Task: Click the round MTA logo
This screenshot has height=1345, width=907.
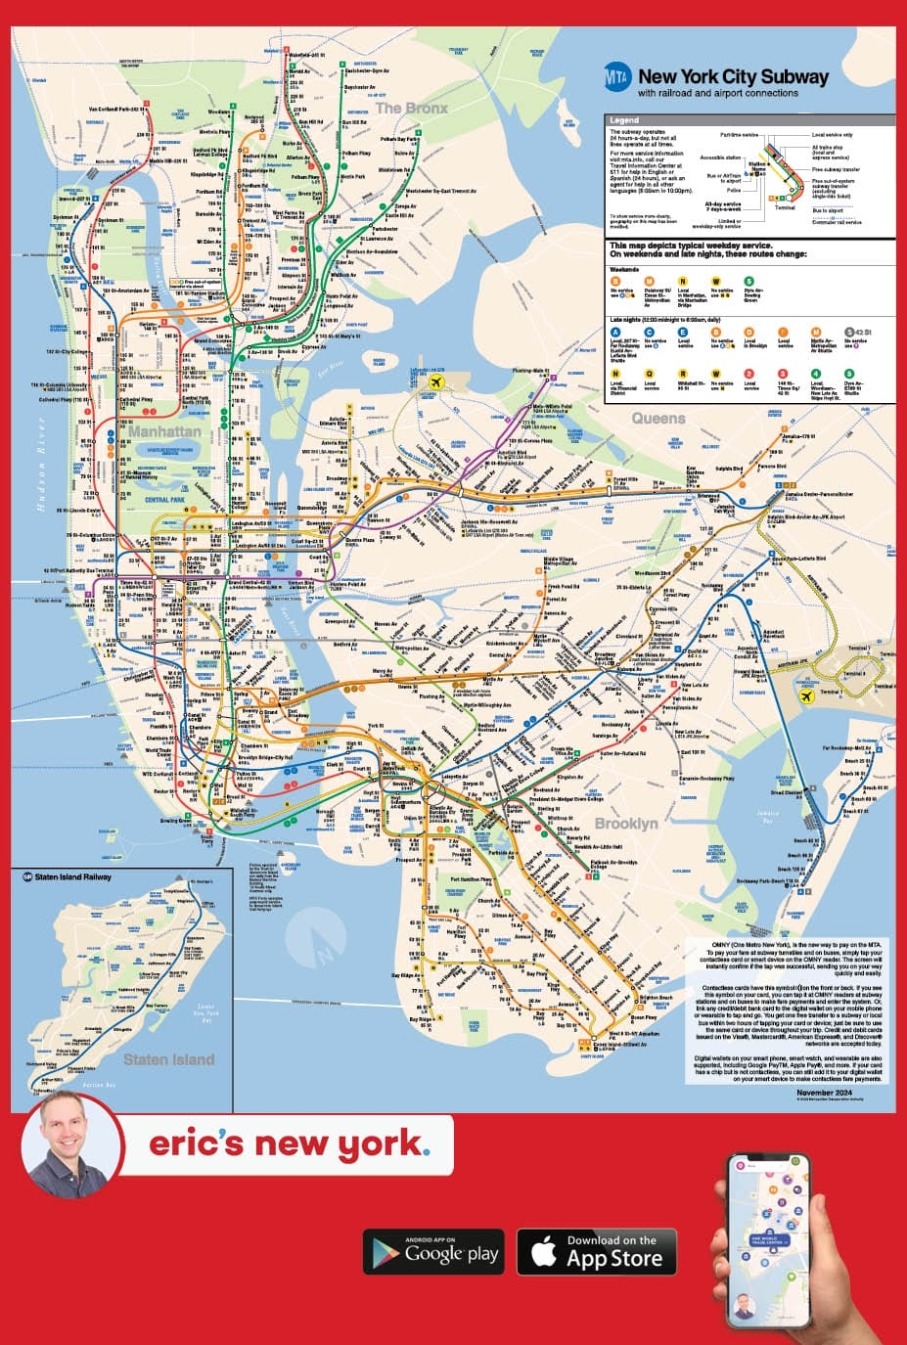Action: click(617, 77)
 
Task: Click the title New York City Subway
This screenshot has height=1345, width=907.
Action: click(733, 76)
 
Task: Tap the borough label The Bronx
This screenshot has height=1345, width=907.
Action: click(412, 108)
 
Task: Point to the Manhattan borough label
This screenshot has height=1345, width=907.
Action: click(164, 431)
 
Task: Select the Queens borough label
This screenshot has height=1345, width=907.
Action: click(658, 419)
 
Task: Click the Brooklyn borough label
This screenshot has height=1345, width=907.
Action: click(626, 824)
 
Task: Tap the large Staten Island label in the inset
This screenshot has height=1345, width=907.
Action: click(168, 1059)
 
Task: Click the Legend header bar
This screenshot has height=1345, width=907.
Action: click(749, 119)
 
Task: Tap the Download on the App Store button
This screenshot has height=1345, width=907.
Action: click(600, 1252)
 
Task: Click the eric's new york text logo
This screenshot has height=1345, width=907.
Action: click(289, 1143)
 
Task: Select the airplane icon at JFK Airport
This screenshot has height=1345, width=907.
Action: click(806, 696)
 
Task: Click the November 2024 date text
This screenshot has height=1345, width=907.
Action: click(829, 1093)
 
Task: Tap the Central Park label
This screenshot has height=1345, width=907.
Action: click(164, 500)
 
